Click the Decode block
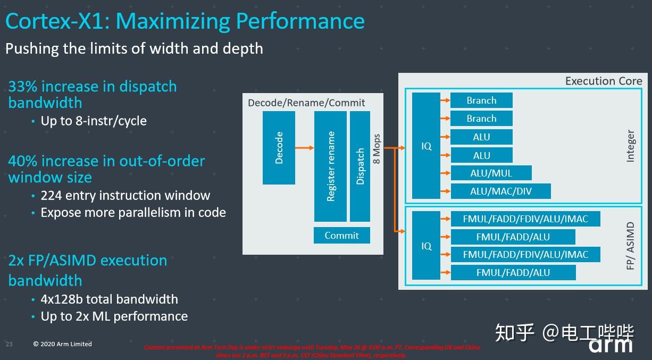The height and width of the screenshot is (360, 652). coord(279,148)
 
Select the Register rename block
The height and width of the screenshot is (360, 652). coord(330,166)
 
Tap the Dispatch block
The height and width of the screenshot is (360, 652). coord(360,166)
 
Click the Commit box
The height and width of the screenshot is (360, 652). coord(341,235)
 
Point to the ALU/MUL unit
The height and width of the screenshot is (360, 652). coord(491,173)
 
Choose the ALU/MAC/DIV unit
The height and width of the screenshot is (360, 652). coord(500,191)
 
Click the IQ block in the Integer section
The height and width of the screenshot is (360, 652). coord(426,146)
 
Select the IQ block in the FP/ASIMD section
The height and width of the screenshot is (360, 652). coord(426,246)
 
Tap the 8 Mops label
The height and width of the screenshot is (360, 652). coord(377,148)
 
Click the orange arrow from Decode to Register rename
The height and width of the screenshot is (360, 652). coord(304,148)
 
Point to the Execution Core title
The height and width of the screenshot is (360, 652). coord(603,81)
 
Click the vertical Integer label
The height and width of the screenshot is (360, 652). coord(631,146)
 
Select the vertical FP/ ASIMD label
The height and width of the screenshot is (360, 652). coord(631,246)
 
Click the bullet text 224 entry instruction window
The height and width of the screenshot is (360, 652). coord(125,195)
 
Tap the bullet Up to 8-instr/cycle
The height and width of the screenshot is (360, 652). coord(94,121)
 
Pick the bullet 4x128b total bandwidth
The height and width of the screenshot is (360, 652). coord(109,299)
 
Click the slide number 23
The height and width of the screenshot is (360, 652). coord(9,344)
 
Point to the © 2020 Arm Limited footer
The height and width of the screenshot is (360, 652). coord(62,344)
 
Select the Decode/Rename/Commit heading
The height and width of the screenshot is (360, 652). coord(306,103)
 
